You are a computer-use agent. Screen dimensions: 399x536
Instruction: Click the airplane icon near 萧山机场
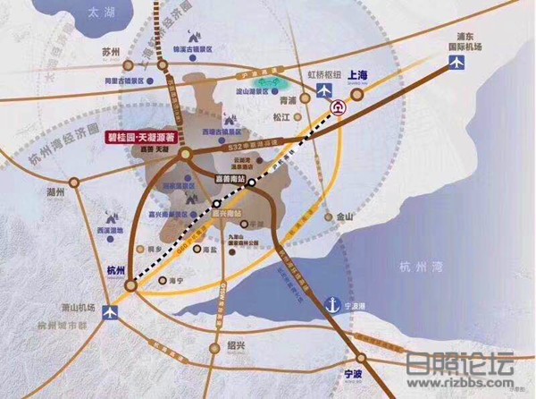coord(111,312)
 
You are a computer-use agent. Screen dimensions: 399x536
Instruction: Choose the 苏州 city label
coord(111,52)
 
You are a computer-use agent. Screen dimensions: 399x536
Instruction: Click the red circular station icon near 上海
coord(339,106)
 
